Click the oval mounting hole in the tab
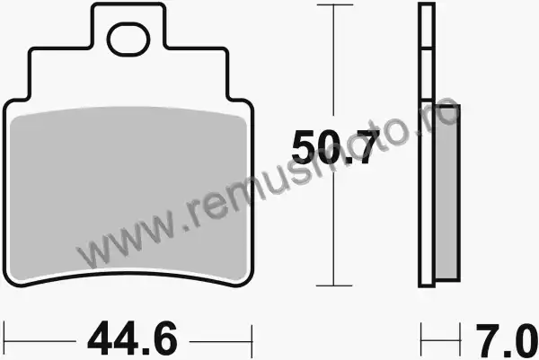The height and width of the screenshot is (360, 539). point(128,40)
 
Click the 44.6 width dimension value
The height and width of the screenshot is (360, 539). point(133,339)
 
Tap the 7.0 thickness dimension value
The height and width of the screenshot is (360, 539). point(507,340)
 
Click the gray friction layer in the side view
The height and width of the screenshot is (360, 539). point(447,193)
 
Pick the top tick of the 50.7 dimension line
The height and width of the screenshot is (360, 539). point(335,4)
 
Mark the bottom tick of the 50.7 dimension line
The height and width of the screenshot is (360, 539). point(334,285)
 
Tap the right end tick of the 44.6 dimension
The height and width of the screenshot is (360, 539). point(252,341)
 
